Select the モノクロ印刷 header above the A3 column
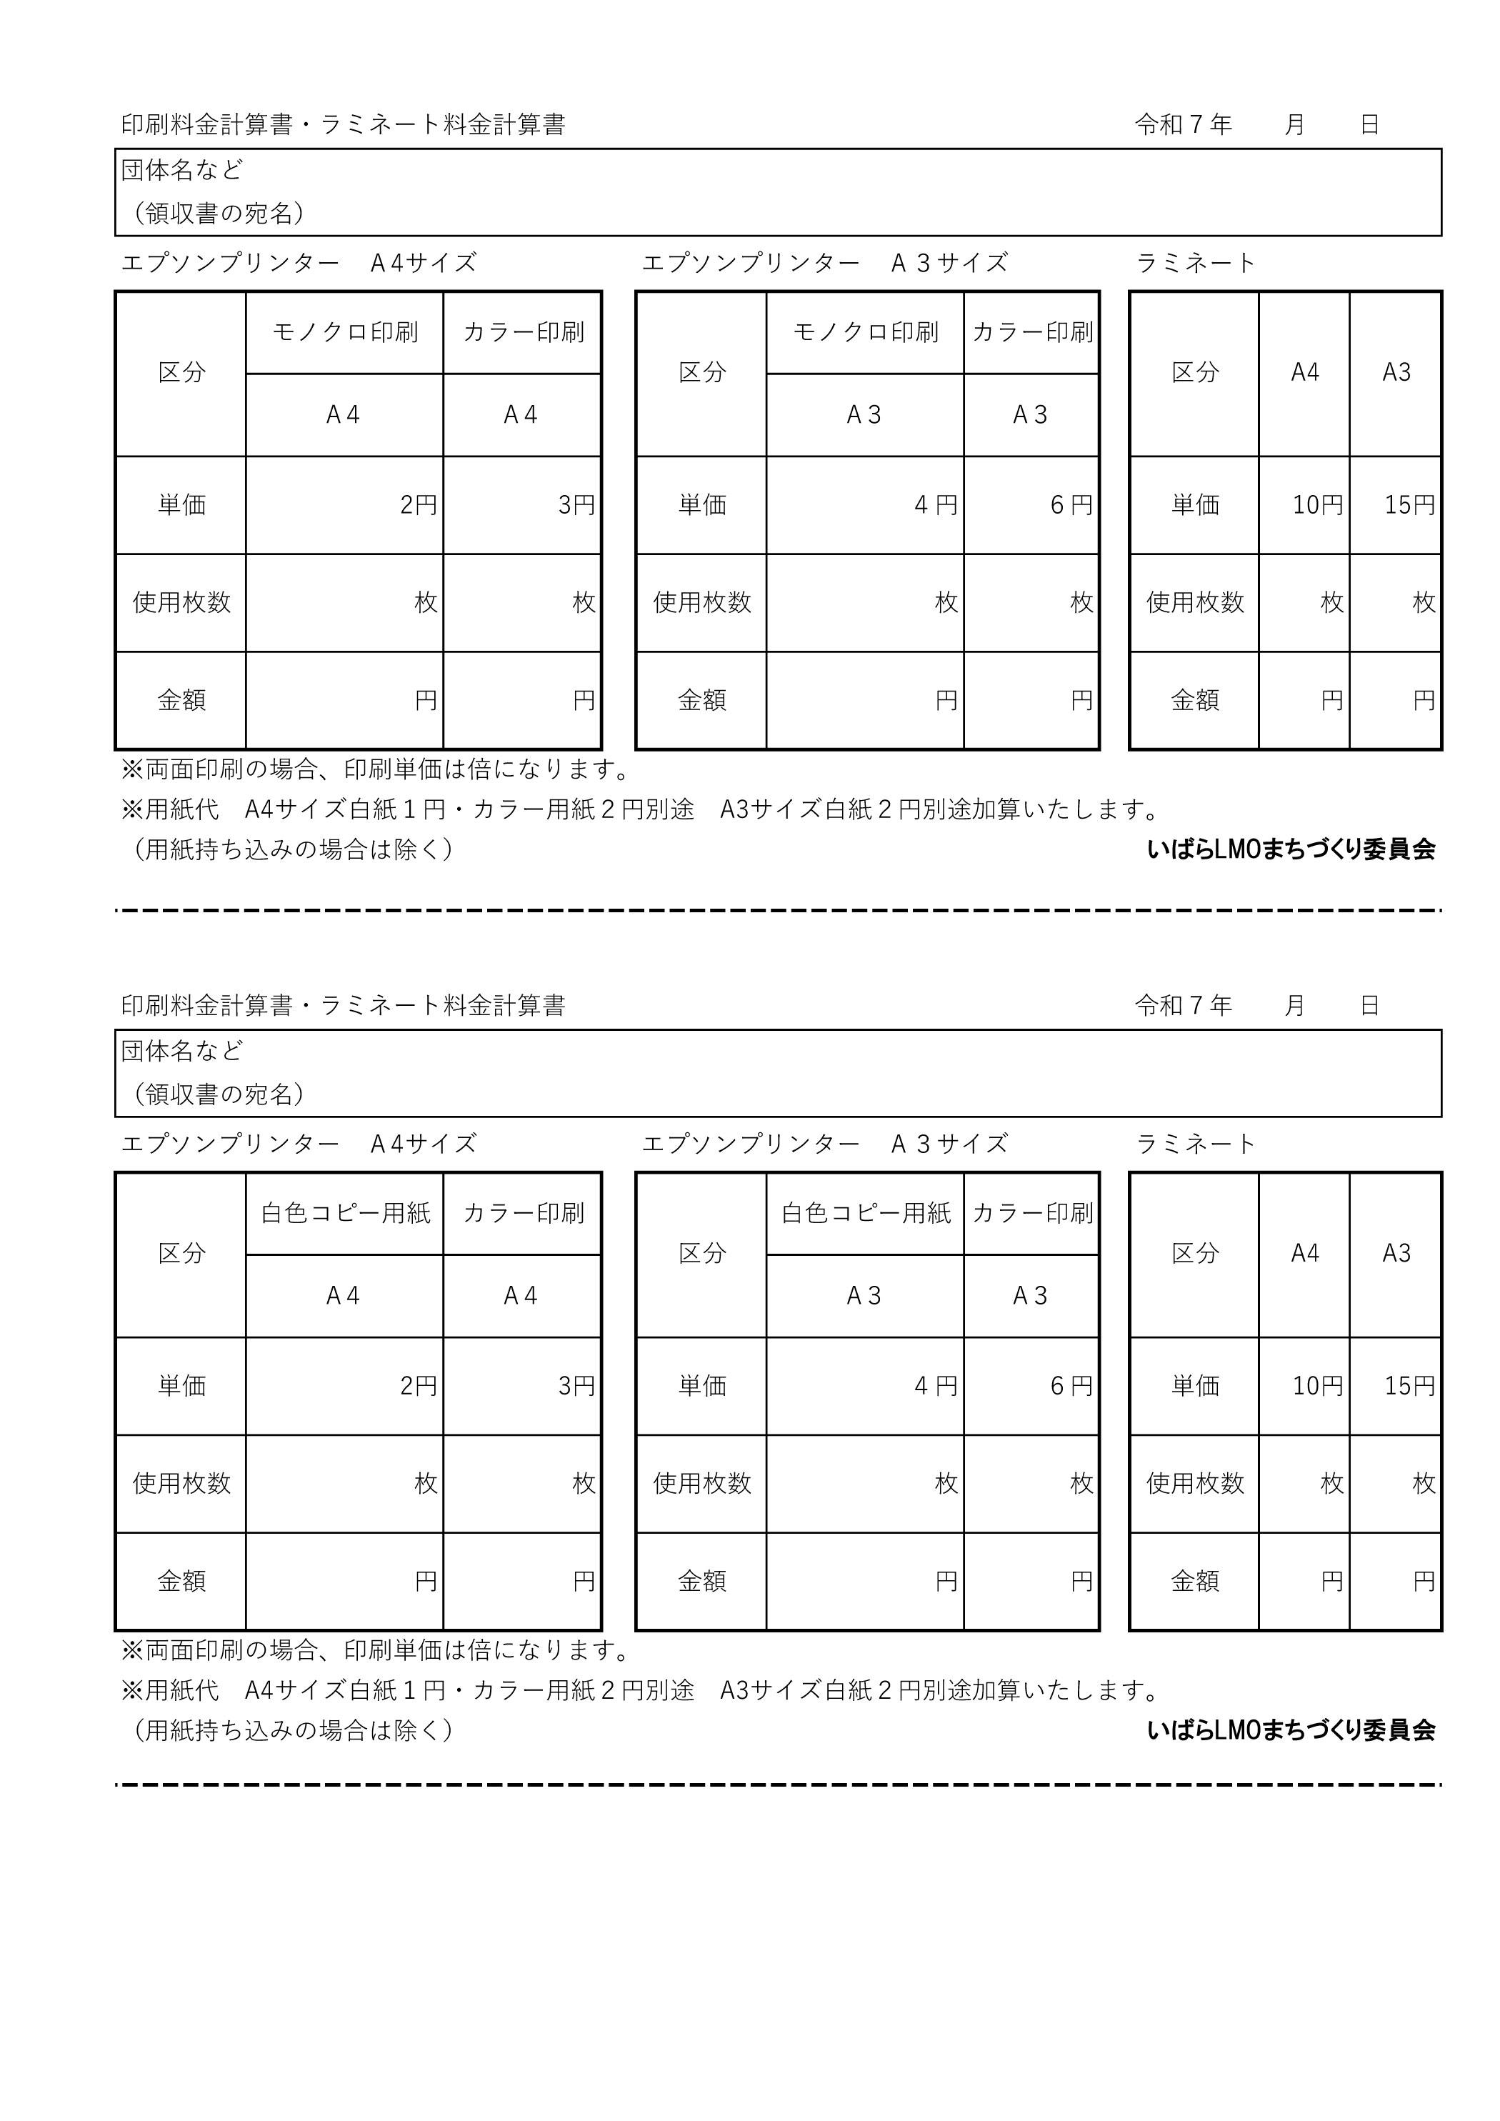866,333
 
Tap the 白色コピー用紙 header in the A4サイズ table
346,1213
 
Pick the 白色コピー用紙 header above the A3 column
866,1213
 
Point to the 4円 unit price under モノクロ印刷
936,505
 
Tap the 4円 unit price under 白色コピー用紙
936,1386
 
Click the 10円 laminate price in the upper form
1317,505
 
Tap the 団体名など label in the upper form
182,170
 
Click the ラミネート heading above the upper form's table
1195,264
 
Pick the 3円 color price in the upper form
576,505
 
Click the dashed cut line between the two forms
778,911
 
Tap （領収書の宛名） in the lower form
219,1094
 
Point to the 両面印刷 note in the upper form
376,769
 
